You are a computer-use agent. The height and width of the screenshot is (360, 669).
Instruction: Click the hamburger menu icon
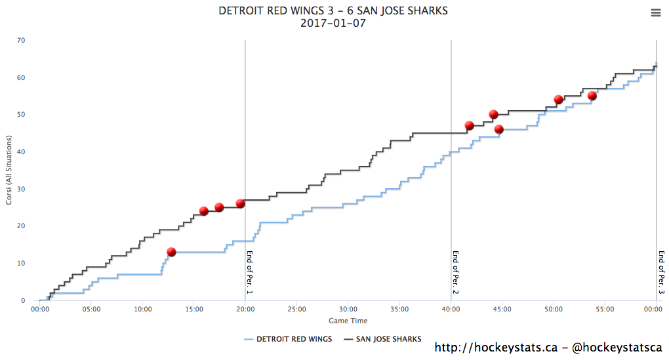coord(656,12)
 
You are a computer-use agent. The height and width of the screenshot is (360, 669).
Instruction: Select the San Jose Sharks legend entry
coord(385,339)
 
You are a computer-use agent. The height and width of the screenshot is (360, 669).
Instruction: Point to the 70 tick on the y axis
coord(21,41)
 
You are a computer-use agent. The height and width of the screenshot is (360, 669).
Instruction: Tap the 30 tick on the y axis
coord(21,190)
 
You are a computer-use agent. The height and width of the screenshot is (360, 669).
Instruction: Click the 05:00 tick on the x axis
coord(91,309)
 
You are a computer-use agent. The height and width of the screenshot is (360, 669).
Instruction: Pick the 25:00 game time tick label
coord(296,309)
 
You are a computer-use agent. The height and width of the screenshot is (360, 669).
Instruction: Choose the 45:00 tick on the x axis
coord(502,309)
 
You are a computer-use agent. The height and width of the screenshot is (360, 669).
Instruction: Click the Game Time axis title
coord(348,321)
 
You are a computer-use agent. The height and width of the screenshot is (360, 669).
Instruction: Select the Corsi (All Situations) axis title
coord(9,170)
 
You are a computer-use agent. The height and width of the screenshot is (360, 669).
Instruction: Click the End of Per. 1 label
coord(250,271)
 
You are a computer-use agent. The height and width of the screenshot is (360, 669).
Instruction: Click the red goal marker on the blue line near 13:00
coord(171,252)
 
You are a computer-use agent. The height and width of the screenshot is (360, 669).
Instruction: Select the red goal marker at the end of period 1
coord(241,203)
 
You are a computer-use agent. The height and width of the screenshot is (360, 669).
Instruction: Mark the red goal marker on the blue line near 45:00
coord(498,129)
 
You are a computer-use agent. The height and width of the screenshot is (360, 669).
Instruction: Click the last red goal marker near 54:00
coord(592,96)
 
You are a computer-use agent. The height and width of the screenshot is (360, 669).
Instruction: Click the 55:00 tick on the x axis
coord(605,309)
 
